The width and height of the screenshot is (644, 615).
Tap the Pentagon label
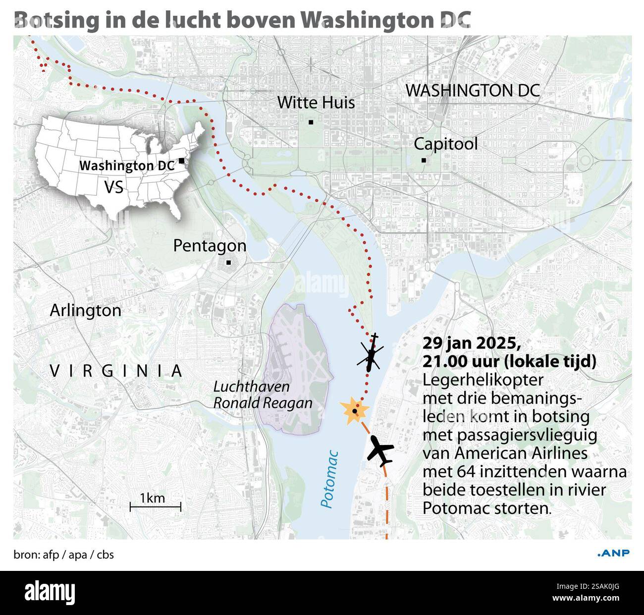coord(210,246)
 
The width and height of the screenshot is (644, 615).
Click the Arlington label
coord(86,311)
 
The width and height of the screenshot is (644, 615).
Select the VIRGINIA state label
coord(116,371)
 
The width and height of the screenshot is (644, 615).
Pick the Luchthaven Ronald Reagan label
coord(263,395)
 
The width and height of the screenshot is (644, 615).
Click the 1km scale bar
coord(155,506)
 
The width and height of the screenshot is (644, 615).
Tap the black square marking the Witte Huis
coord(311,122)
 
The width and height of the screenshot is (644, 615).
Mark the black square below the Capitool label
coord(424,160)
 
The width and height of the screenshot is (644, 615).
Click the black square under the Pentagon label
coord(228,263)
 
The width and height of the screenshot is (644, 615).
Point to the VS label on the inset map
coord(113,187)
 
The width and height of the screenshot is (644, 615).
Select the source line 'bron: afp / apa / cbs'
coord(63,555)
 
